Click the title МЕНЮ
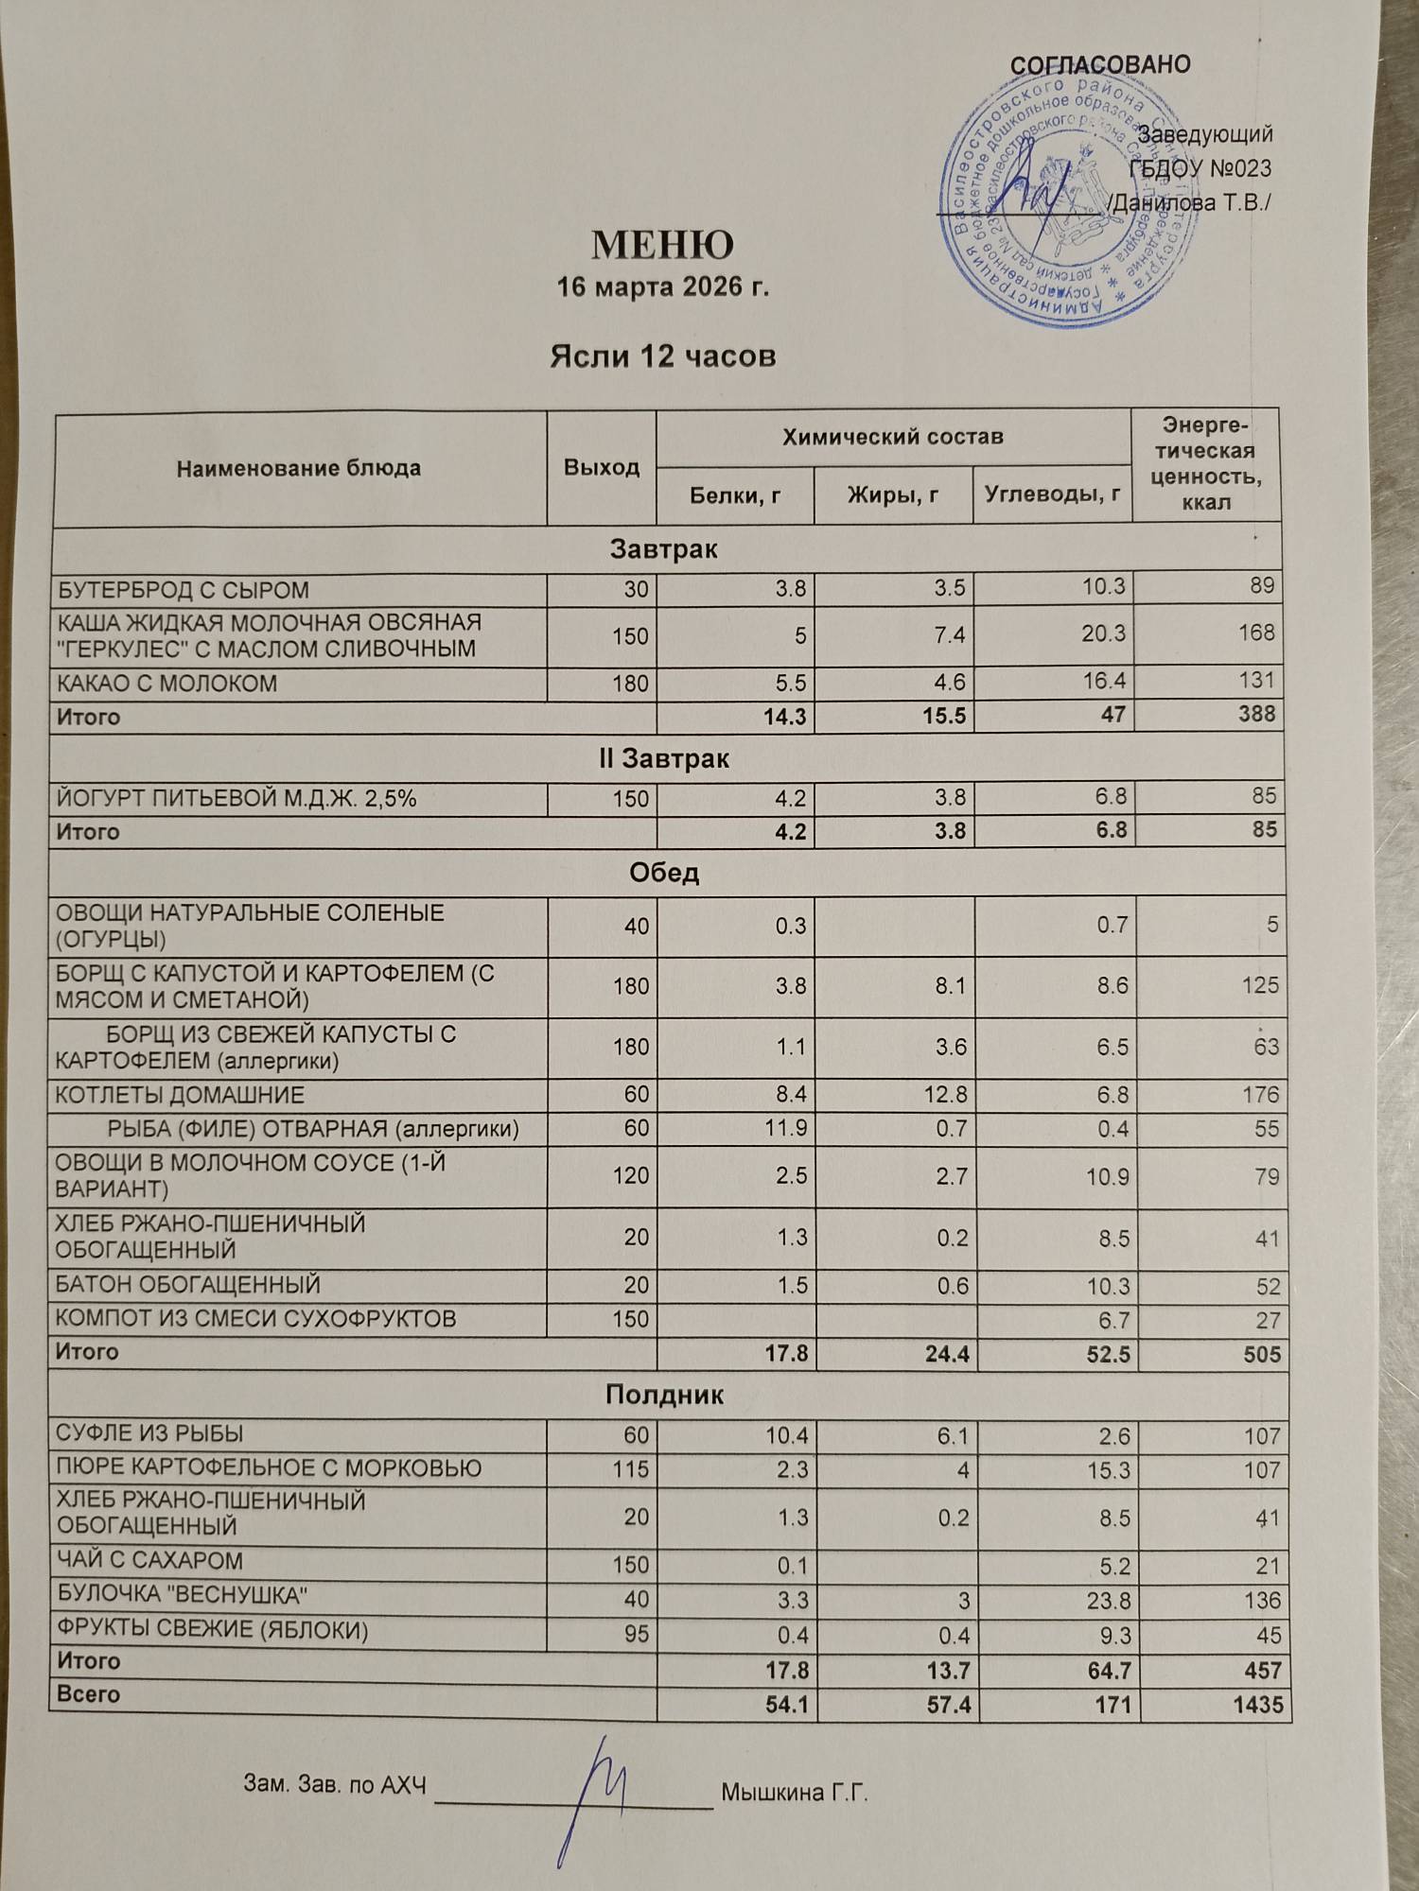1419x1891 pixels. coord(662,245)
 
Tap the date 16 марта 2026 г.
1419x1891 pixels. coord(662,286)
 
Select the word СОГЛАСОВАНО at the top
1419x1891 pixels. coord(1100,65)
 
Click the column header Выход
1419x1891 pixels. coord(601,467)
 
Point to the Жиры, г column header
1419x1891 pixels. coord(893,494)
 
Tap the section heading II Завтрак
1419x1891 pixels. coord(664,759)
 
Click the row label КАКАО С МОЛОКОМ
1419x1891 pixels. coord(167,684)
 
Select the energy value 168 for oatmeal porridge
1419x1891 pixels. coord(1256,633)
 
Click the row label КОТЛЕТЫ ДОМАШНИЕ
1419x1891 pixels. coord(180,1096)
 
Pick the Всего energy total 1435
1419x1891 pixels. coord(1258,1705)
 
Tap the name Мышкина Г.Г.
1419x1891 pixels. coord(794,1792)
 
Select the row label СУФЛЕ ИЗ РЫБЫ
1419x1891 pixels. coord(150,1434)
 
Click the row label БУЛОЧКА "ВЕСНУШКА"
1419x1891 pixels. coord(183,1596)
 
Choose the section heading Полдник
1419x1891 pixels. coord(664,1395)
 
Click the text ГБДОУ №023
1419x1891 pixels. coord(1200,168)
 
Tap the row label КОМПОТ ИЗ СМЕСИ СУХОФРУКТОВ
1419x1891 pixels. coord(255,1319)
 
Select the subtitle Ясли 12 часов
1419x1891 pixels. coord(662,356)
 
